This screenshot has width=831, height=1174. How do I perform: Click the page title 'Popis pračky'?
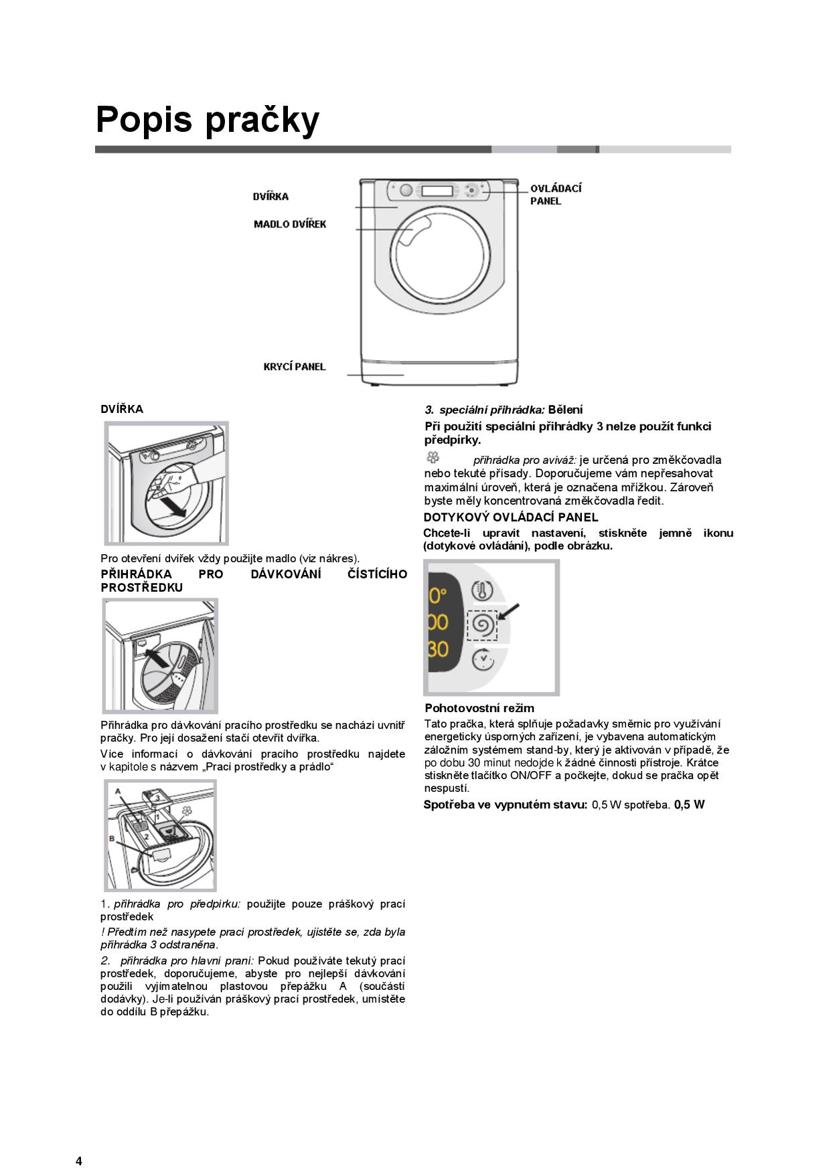click(x=208, y=120)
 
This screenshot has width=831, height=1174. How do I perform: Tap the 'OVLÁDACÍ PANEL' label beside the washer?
click(x=555, y=194)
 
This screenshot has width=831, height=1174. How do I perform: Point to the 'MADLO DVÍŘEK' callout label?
click(x=290, y=224)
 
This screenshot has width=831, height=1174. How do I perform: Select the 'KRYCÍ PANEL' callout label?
click(x=295, y=367)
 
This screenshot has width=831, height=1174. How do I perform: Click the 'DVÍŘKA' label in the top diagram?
click(x=271, y=196)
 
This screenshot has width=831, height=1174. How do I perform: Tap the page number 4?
click(x=79, y=1143)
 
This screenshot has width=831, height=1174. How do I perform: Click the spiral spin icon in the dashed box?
click(x=482, y=625)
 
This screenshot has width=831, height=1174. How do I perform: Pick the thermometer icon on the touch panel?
click(x=482, y=590)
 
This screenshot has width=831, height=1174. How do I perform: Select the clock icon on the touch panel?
click(x=482, y=660)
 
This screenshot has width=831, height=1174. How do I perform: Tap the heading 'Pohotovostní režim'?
click(x=479, y=708)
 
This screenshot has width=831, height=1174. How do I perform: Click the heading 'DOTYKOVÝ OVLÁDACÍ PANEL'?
click(x=511, y=517)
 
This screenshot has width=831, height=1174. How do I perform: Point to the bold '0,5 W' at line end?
click(x=689, y=805)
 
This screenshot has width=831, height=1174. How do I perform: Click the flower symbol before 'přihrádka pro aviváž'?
click(x=433, y=458)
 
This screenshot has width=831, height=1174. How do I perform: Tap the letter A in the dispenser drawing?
click(x=118, y=791)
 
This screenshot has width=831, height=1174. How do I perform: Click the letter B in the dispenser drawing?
click(x=112, y=839)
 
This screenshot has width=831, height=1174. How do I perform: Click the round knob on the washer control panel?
click(x=406, y=190)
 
